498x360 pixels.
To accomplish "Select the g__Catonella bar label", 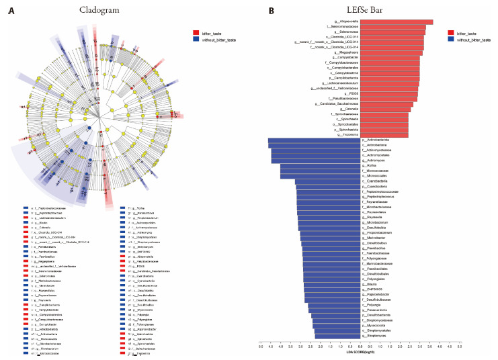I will [x=345, y=109].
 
